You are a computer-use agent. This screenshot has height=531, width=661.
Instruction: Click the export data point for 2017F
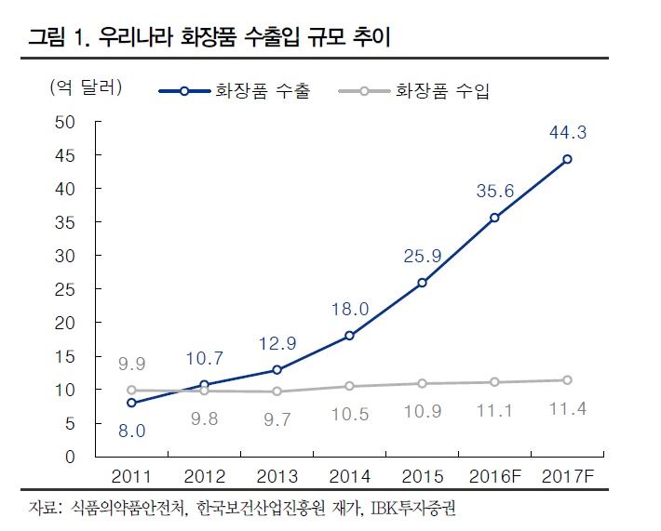coord(567,159)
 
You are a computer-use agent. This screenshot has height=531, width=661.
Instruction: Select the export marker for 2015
coord(422,282)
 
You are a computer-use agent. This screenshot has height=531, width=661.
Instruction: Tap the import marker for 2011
coord(132,391)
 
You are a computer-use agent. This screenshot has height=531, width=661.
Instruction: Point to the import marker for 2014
coord(349,386)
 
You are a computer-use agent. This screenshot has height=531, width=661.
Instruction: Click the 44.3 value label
coord(567,133)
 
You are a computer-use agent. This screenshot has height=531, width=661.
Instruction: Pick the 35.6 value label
coord(494,191)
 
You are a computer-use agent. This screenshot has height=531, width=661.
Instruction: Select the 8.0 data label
coord(132,429)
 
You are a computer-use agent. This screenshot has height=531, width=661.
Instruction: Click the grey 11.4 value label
coord(567,410)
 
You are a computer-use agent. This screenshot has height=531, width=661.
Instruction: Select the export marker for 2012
coord(205,384)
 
